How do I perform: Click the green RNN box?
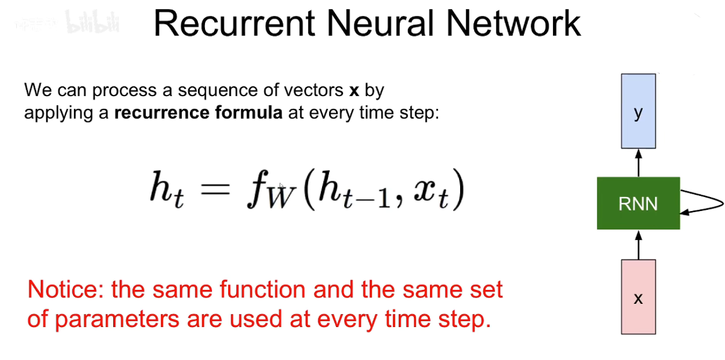click(638, 203)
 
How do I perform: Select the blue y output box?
click(638, 111)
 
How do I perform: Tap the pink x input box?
click(638, 297)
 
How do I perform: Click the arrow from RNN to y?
click(638, 162)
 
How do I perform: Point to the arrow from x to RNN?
click(638, 244)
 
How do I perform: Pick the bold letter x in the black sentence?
click(354, 91)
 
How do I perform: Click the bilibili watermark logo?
click(92, 23)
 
